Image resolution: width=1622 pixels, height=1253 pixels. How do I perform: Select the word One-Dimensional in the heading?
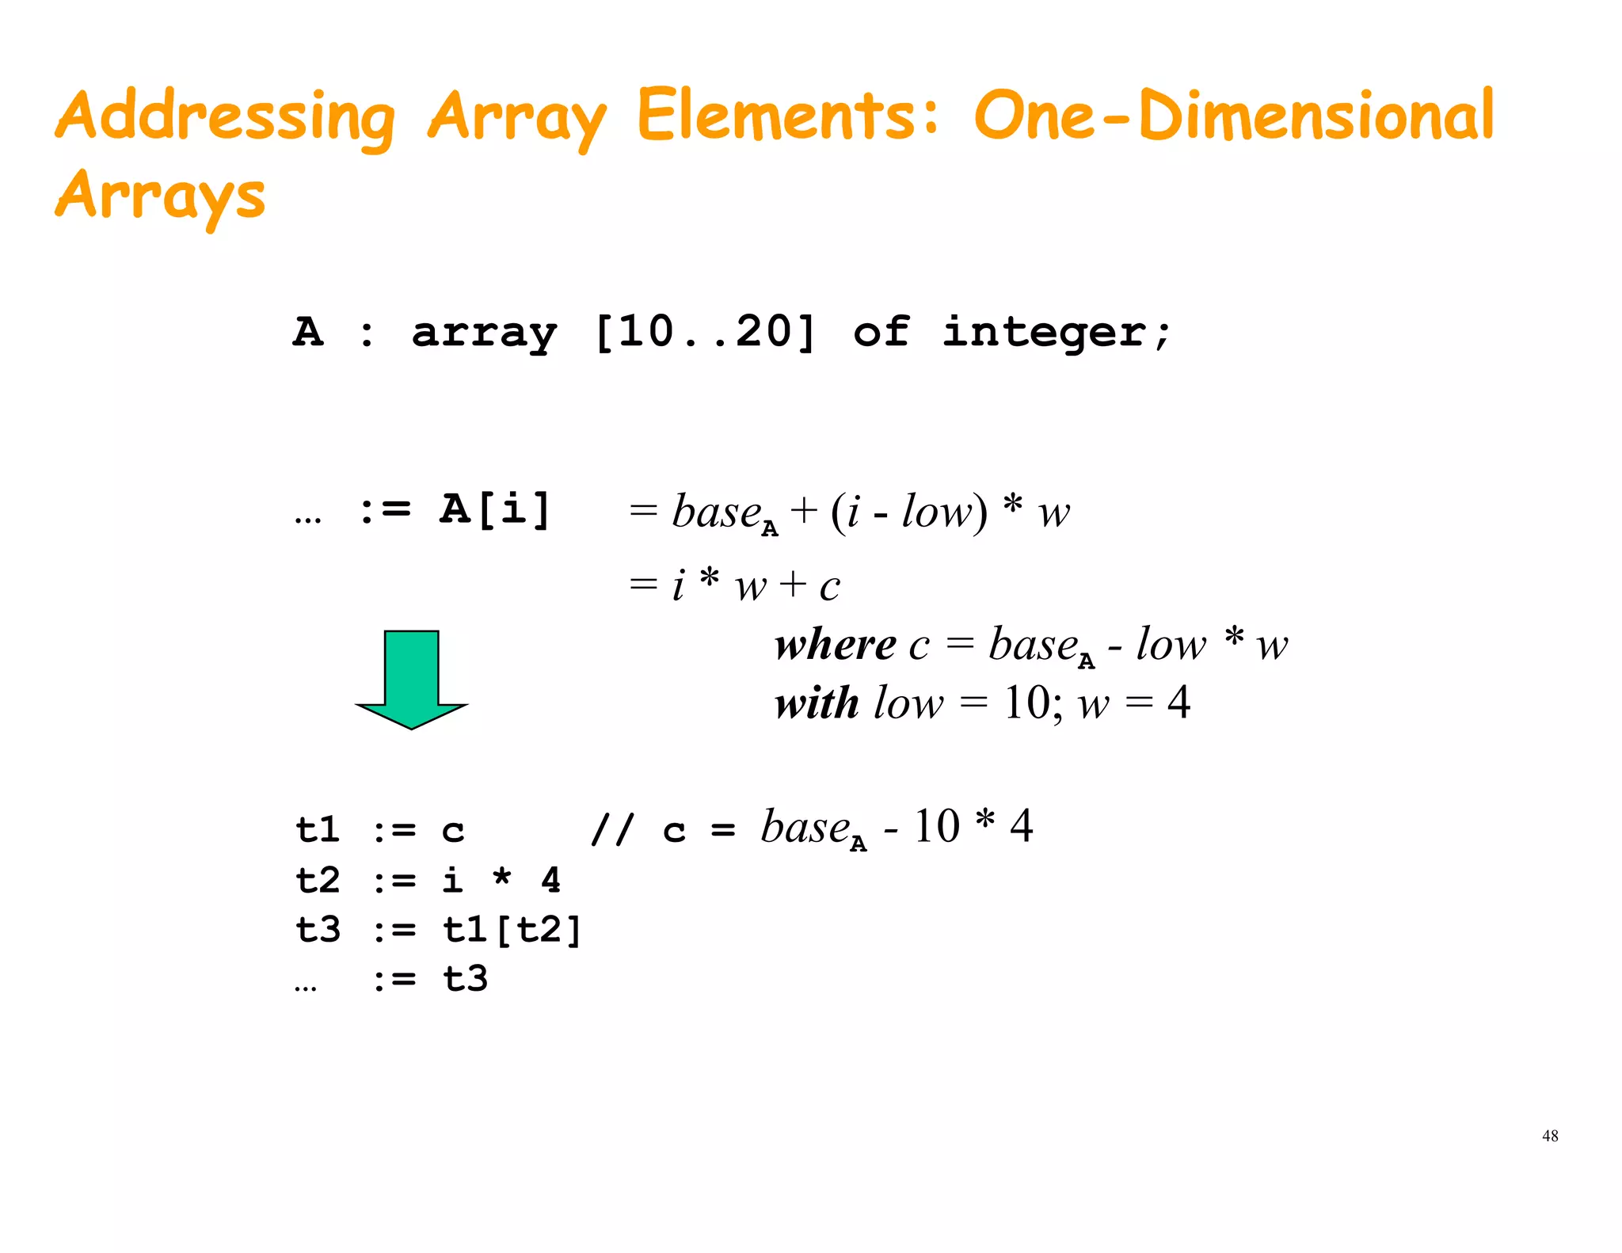click(x=1233, y=117)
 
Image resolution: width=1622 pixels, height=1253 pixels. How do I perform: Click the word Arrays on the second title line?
click(x=160, y=196)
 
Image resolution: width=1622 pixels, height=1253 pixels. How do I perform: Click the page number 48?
click(x=1550, y=1136)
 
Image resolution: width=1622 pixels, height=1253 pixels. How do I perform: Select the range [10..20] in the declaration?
click(x=704, y=332)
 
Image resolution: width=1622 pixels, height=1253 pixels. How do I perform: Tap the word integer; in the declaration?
click(x=1055, y=332)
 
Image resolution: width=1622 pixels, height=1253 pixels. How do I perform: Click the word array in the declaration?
click(x=484, y=333)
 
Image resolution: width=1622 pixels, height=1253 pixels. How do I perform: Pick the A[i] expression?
click(x=494, y=508)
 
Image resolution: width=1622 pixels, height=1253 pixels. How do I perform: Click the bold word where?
click(x=835, y=645)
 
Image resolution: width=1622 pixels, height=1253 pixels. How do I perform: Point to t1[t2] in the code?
click(x=512, y=930)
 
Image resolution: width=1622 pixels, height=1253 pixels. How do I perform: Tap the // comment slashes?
click(x=612, y=830)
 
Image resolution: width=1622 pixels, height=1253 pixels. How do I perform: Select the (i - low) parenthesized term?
click(x=909, y=512)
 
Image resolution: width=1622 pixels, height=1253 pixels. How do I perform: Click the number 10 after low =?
click(x=1027, y=703)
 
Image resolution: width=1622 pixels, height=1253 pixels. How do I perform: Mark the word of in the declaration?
click(x=881, y=332)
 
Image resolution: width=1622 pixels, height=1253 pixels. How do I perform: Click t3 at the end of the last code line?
click(x=465, y=979)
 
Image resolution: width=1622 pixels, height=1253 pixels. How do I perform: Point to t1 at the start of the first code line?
click(x=318, y=830)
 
